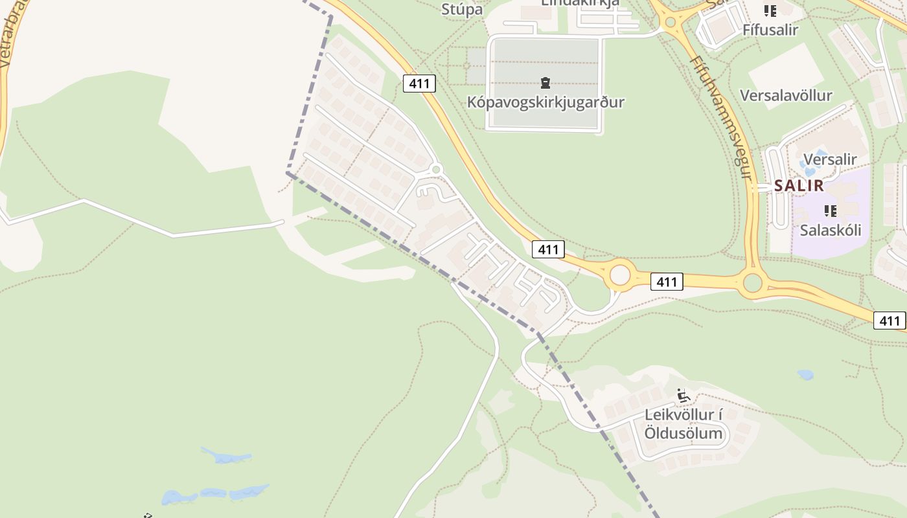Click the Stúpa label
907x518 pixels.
tap(462, 9)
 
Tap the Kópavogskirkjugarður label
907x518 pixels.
tap(545, 102)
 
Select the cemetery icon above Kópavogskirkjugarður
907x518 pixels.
tap(545, 83)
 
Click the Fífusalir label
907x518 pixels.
tap(770, 29)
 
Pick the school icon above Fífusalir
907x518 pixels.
tap(770, 10)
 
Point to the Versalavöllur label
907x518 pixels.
tap(786, 96)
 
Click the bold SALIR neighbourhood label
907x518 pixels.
tap(799, 186)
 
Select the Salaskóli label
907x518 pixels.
tap(830, 230)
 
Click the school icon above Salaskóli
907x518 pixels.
tap(830, 210)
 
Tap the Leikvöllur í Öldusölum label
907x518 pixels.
tap(683, 424)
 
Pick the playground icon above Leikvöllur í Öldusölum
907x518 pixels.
tap(683, 395)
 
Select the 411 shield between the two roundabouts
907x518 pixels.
tap(666, 282)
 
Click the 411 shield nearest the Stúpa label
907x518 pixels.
tap(419, 84)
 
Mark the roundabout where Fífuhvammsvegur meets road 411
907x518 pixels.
tap(752, 283)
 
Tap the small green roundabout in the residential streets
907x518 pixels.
tap(436, 170)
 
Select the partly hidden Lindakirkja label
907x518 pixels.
tap(580, 3)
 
